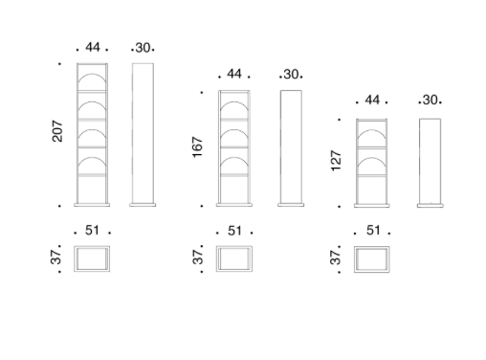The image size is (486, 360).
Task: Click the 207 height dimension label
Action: pos(58,133)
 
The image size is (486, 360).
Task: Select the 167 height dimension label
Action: pos(198,147)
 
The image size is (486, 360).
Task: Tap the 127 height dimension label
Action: pos(336,160)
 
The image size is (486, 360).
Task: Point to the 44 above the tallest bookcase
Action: pos(93,46)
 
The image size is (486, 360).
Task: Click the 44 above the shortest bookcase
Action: pos(372,100)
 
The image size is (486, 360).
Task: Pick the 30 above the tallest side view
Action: pos(143,47)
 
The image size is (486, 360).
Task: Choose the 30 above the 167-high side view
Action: pos(291,74)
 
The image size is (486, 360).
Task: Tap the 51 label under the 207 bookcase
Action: pos(93,230)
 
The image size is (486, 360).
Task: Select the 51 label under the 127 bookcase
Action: pos(372,230)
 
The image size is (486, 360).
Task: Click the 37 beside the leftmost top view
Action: pos(56,259)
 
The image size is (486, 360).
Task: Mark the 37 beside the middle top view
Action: pos(198,259)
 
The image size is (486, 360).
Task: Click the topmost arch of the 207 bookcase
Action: pos(93,79)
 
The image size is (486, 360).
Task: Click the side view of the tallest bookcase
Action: pos(143,134)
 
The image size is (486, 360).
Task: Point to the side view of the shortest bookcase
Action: pos(431,161)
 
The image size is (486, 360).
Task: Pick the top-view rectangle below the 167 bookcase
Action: pos(233,259)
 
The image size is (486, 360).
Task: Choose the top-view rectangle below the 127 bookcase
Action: pos(372,259)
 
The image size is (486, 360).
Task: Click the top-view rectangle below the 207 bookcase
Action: pos(93,259)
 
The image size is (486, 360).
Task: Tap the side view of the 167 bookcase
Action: pos(291,147)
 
